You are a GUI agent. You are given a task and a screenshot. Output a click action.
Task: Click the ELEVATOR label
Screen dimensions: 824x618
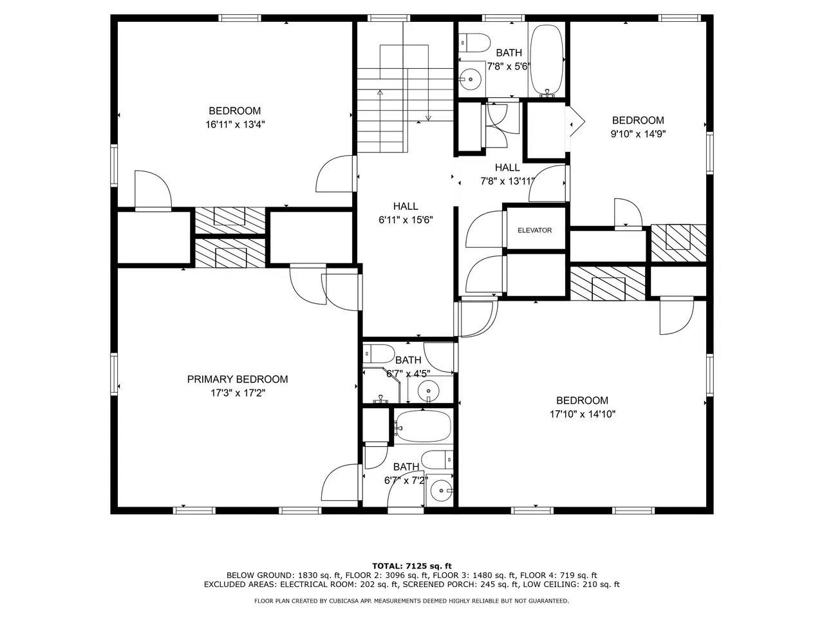pos(534,230)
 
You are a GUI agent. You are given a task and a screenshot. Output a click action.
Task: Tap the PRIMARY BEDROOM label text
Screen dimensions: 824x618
pos(238,379)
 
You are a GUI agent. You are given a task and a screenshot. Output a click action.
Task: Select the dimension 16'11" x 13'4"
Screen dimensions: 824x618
pos(235,125)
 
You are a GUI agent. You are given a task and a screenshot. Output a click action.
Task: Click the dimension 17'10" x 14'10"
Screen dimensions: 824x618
pos(582,414)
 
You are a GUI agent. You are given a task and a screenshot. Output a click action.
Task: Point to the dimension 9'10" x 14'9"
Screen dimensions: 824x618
pos(638,134)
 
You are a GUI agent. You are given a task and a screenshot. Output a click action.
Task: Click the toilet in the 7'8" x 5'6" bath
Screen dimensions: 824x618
pos(474,42)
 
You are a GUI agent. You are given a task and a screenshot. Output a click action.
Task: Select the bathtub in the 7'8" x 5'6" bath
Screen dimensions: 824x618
pos(547,60)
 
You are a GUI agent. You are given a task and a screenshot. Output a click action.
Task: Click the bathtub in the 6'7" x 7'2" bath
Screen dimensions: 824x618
pos(423,427)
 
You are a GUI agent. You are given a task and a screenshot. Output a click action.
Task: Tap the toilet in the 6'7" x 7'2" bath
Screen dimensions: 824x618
pos(437,460)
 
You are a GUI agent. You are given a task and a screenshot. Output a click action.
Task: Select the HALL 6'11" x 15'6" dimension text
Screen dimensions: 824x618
pos(406,220)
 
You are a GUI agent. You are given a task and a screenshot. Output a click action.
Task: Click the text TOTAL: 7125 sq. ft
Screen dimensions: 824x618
pos(412,566)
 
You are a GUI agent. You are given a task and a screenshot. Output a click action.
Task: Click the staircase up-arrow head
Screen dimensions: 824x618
pos(380,92)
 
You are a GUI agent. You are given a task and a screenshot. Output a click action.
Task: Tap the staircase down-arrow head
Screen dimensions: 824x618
pos(428,118)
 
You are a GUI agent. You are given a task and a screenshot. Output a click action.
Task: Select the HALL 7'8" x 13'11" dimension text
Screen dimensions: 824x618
pos(507,182)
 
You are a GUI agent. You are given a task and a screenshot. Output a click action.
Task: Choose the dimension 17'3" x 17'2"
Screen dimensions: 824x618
pos(238,393)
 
